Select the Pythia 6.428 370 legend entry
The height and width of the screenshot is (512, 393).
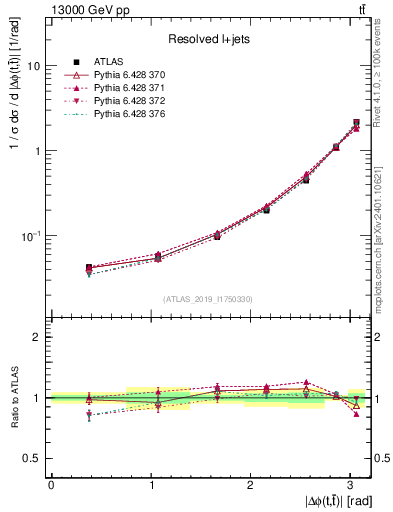coord(127,76)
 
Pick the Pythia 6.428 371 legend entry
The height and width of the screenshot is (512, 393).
coord(127,90)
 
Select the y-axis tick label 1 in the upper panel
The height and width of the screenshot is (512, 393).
coord(38,151)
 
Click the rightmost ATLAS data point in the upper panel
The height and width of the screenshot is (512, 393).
coord(357,123)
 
